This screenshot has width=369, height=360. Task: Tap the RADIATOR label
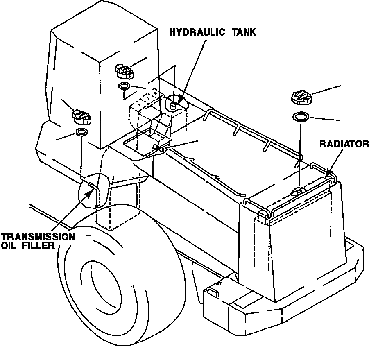pyautogui.click(x=344, y=144)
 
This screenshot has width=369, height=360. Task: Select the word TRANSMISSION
pyautogui.click(x=38, y=237)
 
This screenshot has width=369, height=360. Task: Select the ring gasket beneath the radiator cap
pyautogui.click(x=301, y=117)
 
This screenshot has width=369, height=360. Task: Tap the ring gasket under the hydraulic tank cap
pyautogui.click(x=124, y=86)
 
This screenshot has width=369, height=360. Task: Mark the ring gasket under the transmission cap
pyautogui.click(x=81, y=132)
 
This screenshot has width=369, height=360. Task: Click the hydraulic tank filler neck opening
pyautogui.click(x=173, y=105)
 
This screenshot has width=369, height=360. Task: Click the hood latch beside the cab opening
pyautogui.click(x=159, y=148)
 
